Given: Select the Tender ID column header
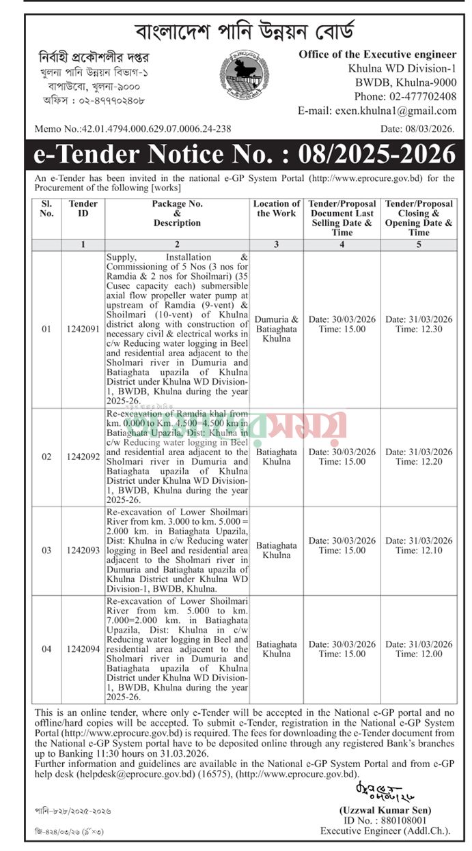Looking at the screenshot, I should point(83,209).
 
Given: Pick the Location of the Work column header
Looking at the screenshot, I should point(276,209).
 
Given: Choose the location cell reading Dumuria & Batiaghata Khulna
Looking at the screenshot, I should point(276,329).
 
